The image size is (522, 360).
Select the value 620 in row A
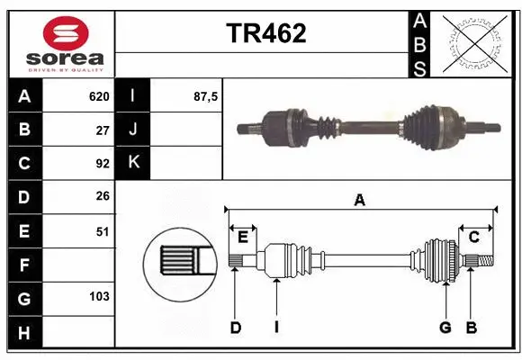(x=99, y=96)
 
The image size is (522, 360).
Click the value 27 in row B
(x=103, y=130)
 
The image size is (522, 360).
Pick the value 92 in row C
(x=103, y=164)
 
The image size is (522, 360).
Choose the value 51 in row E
(x=103, y=231)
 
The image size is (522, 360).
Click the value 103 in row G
(x=99, y=296)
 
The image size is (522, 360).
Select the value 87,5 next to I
(x=206, y=96)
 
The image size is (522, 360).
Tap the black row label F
(x=24, y=265)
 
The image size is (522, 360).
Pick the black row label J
(x=133, y=130)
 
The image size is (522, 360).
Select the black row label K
(x=133, y=163)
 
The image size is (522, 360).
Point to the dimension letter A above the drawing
(x=359, y=200)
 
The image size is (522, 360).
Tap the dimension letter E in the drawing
(x=243, y=237)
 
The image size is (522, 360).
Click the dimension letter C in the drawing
(x=473, y=237)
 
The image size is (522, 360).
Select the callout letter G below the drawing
(x=445, y=328)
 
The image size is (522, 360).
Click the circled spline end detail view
(x=179, y=261)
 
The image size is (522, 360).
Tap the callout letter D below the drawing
(x=235, y=328)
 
